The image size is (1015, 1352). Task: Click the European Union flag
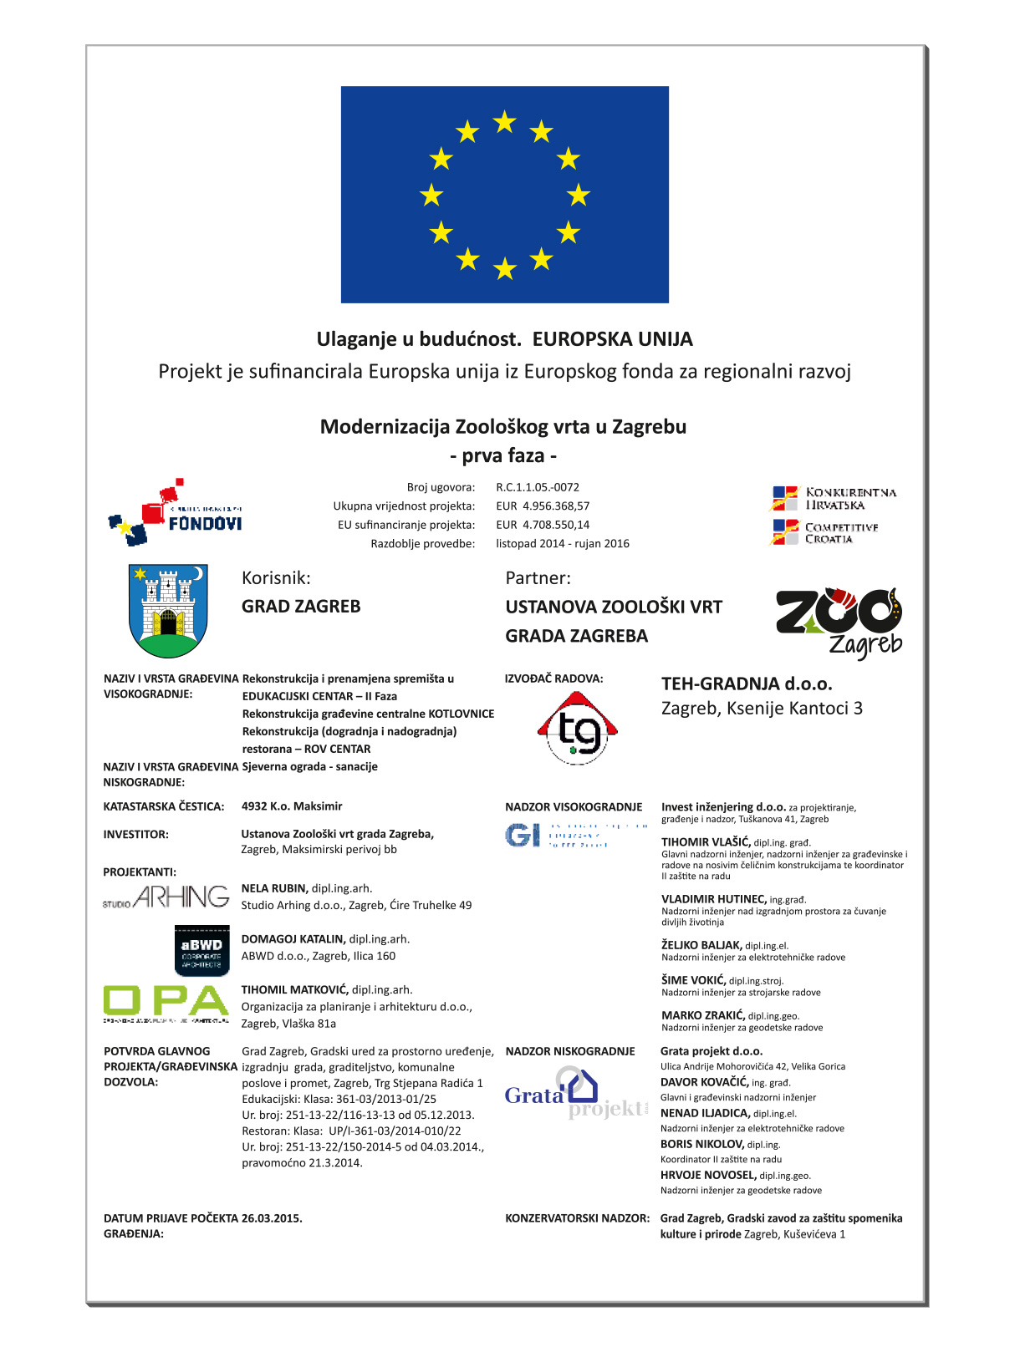click(x=504, y=194)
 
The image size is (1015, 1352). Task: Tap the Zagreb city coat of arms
click(x=168, y=610)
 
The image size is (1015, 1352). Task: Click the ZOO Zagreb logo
click(x=839, y=622)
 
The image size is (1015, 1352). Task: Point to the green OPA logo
click(x=166, y=1003)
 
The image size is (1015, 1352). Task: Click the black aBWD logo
click(x=201, y=950)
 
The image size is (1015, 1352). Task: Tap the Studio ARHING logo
click(x=166, y=897)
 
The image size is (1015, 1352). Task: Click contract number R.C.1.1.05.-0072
click(x=537, y=487)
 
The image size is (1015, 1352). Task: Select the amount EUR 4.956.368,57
click(x=543, y=506)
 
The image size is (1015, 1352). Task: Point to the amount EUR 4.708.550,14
click(x=543, y=525)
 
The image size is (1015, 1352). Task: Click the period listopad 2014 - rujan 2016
click(x=562, y=543)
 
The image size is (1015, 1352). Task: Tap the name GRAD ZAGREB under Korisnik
click(x=301, y=606)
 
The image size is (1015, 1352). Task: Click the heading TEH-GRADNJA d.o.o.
click(x=747, y=684)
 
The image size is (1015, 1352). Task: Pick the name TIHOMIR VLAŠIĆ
click(x=706, y=842)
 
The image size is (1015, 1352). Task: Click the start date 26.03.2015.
click(x=272, y=1218)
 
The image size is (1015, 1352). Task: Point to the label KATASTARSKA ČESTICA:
click(x=164, y=806)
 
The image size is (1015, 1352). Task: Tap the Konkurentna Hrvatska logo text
click(x=849, y=498)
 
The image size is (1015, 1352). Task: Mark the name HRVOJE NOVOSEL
click(x=708, y=1175)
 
